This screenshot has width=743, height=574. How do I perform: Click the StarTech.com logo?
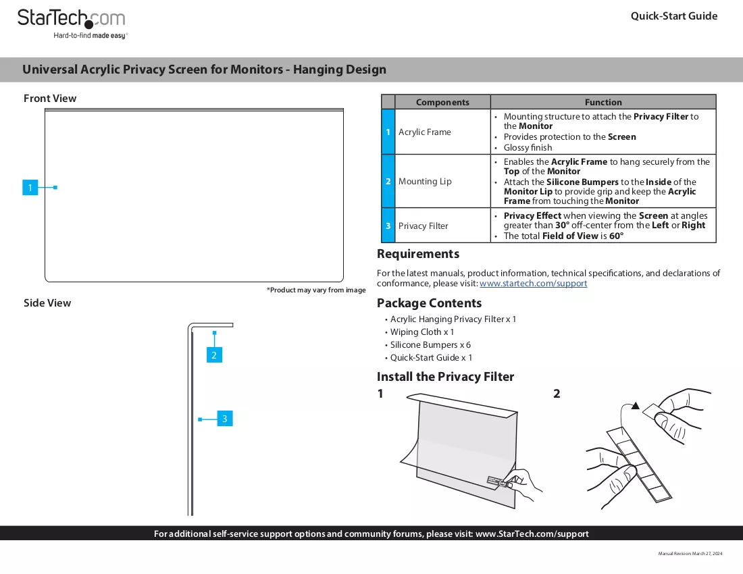click(72, 24)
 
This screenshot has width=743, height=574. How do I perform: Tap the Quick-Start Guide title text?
click(674, 16)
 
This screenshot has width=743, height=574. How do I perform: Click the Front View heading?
click(50, 99)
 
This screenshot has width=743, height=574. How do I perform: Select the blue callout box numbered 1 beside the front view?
click(30, 188)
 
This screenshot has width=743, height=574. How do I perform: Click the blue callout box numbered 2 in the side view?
click(214, 355)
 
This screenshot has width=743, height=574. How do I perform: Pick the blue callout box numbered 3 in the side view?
click(225, 419)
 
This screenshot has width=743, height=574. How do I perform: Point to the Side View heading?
click(47, 303)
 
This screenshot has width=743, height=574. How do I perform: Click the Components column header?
click(442, 102)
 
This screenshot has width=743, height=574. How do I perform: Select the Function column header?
click(603, 102)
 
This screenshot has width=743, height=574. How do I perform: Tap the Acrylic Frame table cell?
click(425, 132)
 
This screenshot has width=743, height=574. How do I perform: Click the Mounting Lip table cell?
click(425, 182)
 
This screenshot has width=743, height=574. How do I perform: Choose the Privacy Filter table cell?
click(423, 226)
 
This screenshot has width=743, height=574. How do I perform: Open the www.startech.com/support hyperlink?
click(533, 283)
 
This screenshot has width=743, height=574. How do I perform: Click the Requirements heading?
click(418, 254)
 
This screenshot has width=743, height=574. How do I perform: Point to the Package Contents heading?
click(429, 303)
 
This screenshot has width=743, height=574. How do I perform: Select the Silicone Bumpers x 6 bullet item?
click(430, 345)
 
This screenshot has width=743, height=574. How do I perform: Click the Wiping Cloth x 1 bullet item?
click(421, 332)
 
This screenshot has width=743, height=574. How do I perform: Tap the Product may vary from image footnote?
click(316, 290)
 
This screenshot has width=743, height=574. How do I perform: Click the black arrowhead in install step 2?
click(636, 405)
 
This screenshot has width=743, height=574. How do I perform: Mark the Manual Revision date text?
click(690, 554)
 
